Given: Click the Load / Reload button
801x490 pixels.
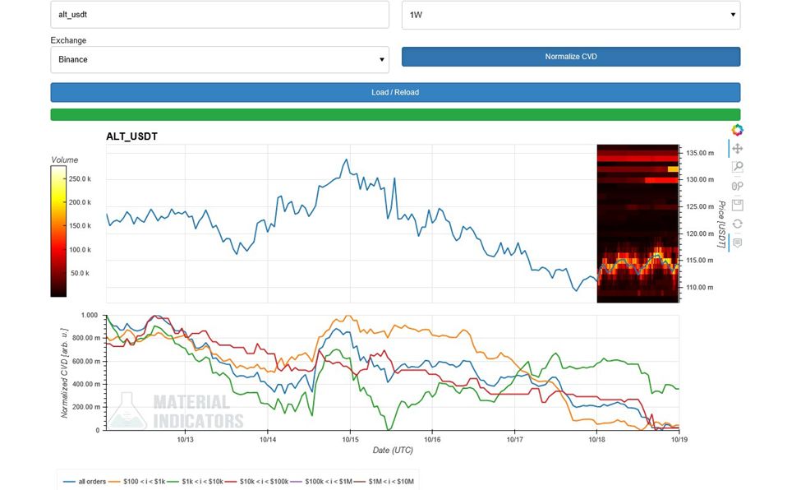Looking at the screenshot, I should [395, 92].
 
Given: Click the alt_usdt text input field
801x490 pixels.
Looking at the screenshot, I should [219, 15].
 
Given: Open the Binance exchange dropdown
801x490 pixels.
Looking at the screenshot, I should [219, 59].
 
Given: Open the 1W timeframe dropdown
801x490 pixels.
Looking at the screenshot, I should [570, 15].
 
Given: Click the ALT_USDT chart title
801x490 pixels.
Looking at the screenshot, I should [132, 136].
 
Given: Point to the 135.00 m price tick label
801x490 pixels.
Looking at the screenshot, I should [699, 153].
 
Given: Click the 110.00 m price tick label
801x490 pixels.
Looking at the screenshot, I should [699, 287].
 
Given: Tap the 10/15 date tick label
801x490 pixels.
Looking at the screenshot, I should [351, 439].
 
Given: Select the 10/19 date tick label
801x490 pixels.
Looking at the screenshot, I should [679, 439].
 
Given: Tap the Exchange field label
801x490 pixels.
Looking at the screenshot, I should [68, 40].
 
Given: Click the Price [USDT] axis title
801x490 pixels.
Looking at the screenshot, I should [721, 224].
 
